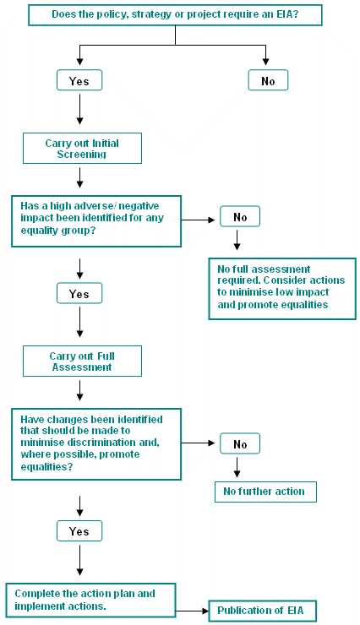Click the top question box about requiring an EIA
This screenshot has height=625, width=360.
click(x=175, y=14)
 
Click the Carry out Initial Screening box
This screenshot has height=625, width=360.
click(x=82, y=149)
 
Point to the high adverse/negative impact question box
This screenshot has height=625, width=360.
click(x=96, y=221)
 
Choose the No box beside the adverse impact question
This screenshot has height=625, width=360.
click(x=240, y=216)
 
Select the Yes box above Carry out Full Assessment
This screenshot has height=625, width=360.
click(x=79, y=294)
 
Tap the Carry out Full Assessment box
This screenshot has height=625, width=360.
click(x=82, y=361)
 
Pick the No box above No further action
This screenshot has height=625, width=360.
click(x=240, y=443)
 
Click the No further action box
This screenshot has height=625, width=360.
click(x=265, y=492)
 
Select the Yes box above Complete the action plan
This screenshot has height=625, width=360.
click(x=79, y=531)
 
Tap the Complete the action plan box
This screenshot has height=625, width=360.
click(x=92, y=600)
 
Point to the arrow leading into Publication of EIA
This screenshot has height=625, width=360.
click(x=194, y=610)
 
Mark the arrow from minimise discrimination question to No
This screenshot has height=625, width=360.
click(x=200, y=443)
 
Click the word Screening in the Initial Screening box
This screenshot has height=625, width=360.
click(x=82, y=155)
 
